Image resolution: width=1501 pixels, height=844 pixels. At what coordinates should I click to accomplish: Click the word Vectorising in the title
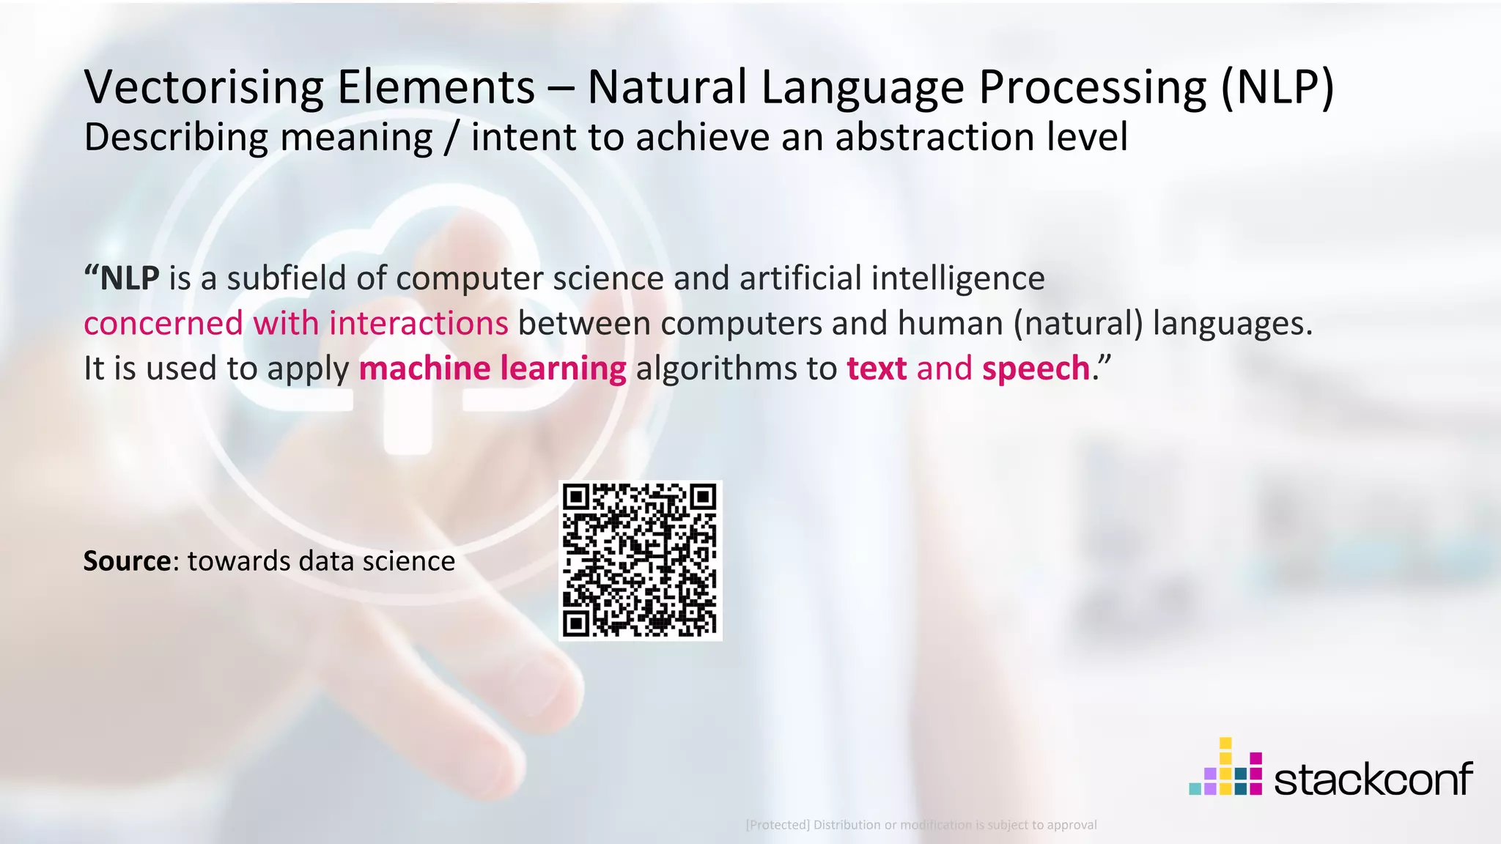(204, 87)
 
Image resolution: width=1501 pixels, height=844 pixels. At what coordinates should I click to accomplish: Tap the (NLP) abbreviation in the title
(1277, 87)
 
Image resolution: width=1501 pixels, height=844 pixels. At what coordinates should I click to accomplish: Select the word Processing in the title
(1093, 87)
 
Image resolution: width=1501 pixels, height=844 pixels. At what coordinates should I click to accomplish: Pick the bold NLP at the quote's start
(129, 278)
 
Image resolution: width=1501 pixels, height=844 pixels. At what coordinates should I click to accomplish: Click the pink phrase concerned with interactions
(295, 323)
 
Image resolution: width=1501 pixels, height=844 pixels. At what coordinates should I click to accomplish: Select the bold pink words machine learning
(493, 368)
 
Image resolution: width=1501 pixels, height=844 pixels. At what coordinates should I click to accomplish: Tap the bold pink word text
(877, 368)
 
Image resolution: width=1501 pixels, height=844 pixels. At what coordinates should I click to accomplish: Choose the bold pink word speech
(1036, 368)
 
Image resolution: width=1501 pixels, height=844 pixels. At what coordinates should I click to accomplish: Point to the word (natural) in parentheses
(1078, 323)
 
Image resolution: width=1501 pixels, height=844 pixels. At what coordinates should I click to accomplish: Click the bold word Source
(127, 561)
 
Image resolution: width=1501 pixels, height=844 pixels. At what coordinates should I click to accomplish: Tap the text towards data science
(321, 561)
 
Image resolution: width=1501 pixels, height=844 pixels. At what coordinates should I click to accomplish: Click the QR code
(640, 560)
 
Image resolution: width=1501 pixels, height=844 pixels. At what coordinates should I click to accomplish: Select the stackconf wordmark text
(1373, 778)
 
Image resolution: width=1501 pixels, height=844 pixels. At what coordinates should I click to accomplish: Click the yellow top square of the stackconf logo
(1225, 744)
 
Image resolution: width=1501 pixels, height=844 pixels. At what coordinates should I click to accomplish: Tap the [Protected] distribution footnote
(921, 825)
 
